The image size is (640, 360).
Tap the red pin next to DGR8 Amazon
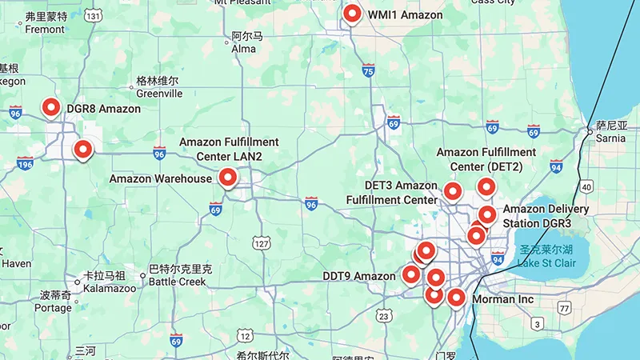coord(51,107)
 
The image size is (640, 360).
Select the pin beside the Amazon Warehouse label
coord(228,178)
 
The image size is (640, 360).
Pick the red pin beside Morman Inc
coord(456,298)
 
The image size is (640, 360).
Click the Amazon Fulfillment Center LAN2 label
coord(228,149)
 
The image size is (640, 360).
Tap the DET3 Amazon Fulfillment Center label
coord(401,193)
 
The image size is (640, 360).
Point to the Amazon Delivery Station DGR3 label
coord(546,216)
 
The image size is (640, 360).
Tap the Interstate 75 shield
coord(368,71)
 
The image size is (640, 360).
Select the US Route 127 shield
coord(261,242)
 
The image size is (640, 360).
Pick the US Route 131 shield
coord(94,15)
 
